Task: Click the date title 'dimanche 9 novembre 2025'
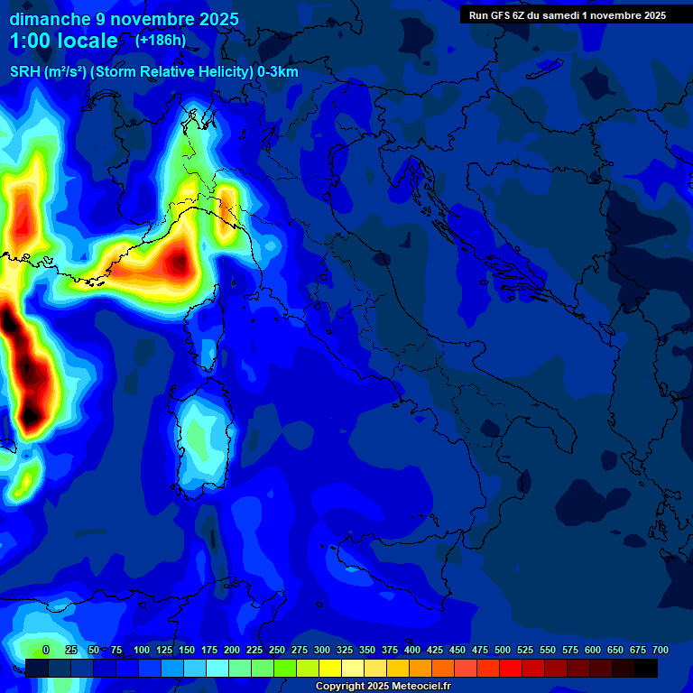125,19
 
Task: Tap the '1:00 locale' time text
64,41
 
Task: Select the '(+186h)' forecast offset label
160,40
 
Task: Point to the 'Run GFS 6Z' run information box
567,14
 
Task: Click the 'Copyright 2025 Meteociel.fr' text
383,687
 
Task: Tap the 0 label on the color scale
46,650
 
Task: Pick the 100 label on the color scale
142,650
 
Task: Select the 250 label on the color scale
277,650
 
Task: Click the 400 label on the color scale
412,650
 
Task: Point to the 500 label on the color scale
503,650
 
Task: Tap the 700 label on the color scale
660,650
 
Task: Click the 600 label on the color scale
593,650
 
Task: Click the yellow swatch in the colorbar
330,668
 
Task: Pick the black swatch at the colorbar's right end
646,668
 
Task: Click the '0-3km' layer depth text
278,72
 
